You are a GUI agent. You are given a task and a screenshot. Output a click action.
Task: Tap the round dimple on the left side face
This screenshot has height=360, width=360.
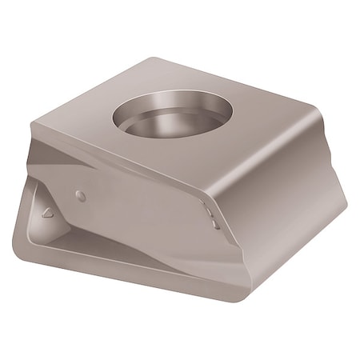(x=79, y=195)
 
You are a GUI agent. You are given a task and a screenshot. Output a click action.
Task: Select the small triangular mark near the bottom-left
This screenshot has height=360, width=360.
(x=47, y=213)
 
